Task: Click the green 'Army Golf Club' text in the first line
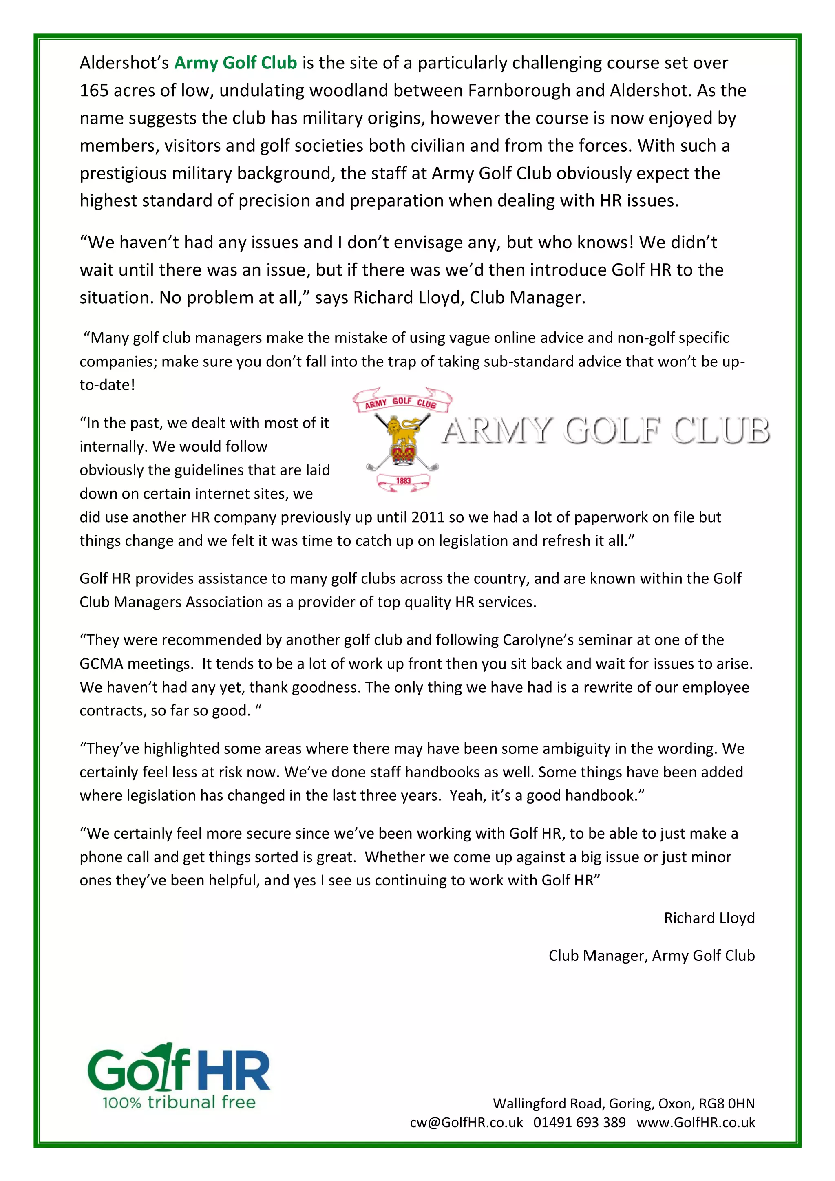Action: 236,63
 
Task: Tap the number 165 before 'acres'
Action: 94,91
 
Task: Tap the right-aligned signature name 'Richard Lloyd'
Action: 709,918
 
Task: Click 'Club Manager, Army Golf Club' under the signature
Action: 652,955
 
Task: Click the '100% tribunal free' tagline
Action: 179,1102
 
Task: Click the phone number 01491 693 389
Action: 579,1122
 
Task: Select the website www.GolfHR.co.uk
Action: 696,1122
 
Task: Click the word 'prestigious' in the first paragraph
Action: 124,173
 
